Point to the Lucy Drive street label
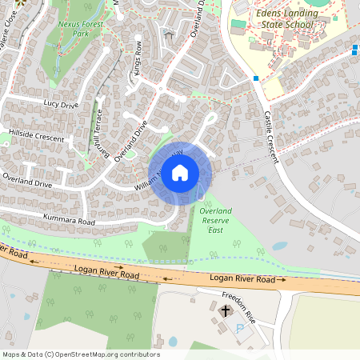click(62, 104)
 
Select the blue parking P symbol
click(239, 328)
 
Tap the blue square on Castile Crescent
click(255, 78)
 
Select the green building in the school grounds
click(238, 25)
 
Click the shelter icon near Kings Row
click(167, 34)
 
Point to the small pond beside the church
click(173, 341)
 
